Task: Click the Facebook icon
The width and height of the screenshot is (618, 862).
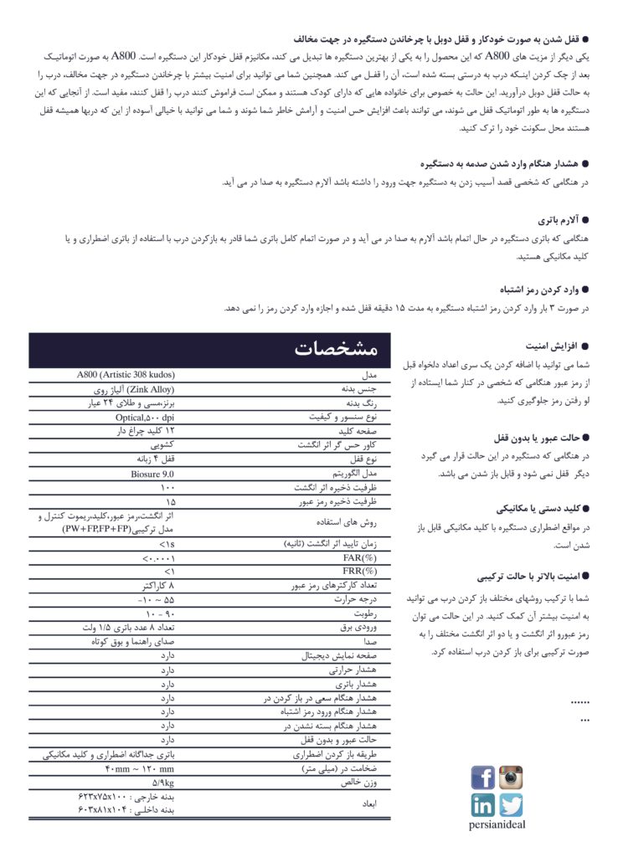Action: coord(483,777)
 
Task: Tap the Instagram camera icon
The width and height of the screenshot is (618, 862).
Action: coord(511,777)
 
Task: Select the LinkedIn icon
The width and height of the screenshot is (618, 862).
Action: coord(483,805)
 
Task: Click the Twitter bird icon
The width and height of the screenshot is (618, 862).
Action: coord(511,805)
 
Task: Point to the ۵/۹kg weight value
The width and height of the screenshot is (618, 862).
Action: coord(163,782)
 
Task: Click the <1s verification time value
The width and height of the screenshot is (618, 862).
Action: coord(166,544)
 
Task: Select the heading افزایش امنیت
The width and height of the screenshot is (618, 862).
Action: coord(550,346)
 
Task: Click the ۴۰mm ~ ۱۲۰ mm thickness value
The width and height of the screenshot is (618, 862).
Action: coord(140,768)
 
